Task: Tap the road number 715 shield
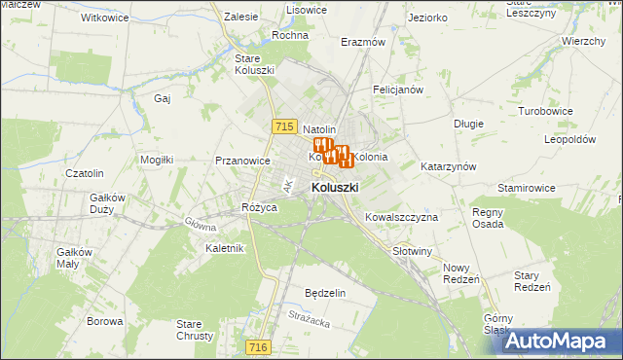[x=284, y=126]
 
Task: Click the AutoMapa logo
[x=564, y=341]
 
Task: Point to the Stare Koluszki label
[x=254, y=63]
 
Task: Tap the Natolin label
[x=319, y=129]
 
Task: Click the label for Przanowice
[x=242, y=162]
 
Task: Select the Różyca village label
[x=260, y=208]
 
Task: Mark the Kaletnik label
[x=224, y=248]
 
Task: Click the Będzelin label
[x=325, y=293]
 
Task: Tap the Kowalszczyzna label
[x=402, y=217]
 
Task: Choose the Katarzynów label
[x=448, y=166]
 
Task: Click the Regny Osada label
[x=487, y=218]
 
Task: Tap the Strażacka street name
[x=311, y=314]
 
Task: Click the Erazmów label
[x=363, y=43]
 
